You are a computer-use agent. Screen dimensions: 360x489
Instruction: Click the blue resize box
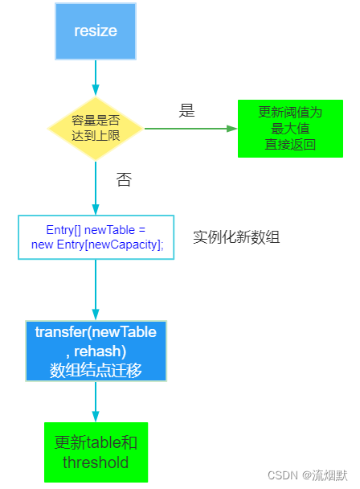96,31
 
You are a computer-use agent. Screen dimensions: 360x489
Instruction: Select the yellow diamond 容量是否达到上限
96,129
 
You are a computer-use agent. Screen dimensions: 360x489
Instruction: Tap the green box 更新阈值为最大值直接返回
290,129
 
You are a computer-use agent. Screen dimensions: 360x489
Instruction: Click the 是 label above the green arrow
186,111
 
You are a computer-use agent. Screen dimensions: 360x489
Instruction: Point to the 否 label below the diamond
124,179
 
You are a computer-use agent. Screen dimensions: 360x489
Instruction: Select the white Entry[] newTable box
96,237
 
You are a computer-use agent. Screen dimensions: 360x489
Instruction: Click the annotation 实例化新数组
236,237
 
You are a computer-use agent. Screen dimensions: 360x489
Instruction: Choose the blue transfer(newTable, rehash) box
96,351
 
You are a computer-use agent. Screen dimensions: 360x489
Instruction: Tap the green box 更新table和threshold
96,452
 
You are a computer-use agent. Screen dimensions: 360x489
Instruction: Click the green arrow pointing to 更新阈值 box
190,129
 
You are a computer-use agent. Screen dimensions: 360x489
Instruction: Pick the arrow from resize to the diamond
96,78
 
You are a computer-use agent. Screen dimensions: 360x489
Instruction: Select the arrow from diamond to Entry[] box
96,187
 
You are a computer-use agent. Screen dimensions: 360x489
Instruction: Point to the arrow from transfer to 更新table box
96,401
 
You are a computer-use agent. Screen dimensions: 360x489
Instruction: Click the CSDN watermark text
307,475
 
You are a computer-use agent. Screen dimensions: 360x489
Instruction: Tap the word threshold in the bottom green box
96,462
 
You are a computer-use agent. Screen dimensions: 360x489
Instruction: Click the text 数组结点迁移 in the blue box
96,371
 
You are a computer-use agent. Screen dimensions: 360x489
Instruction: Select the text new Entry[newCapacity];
97,244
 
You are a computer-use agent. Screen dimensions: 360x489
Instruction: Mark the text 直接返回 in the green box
290,145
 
